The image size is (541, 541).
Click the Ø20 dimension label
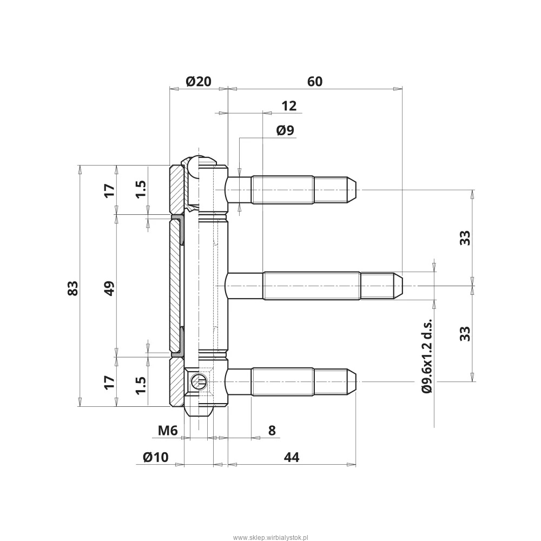(x=199, y=82)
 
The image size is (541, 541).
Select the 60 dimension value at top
(x=315, y=82)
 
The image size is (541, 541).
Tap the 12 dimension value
(x=289, y=105)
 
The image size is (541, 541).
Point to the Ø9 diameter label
(x=285, y=130)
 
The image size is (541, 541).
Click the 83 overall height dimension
(x=73, y=288)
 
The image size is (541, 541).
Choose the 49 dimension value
(x=109, y=288)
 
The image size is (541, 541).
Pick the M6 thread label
(x=168, y=431)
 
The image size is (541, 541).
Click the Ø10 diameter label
(x=156, y=457)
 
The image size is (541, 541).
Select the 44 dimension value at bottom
(x=292, y=457)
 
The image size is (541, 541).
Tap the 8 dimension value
(x=272, y=431)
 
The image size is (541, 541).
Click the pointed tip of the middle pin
(x=403, y=286)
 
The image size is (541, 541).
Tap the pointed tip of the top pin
(x=355, y=190)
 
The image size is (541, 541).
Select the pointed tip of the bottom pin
(x=355, y=381)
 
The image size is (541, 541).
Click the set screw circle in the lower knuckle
(x=199, y=381)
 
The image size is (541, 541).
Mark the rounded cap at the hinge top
(x=199, y=161)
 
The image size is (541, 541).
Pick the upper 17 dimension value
(x=109, y=190)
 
